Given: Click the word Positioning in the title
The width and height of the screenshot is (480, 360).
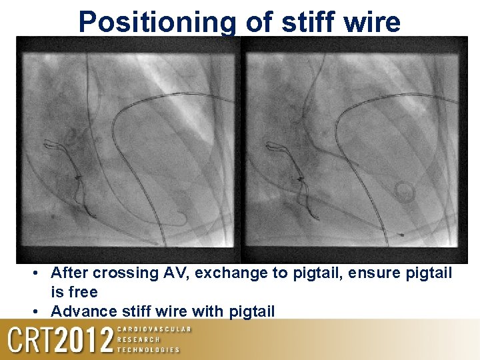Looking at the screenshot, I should (x=157, y=22).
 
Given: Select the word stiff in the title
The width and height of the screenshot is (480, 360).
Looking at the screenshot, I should (x=305, y=21).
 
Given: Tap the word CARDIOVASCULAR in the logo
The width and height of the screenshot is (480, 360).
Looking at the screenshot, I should (x=154, y=329).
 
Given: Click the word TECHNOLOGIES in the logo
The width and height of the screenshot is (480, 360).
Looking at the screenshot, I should (x=148, y=349).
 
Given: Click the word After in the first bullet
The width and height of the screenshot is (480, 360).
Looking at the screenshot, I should (x=69, y=273).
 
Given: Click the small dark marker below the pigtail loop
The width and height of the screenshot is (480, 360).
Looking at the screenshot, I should (x=401, y=235).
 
